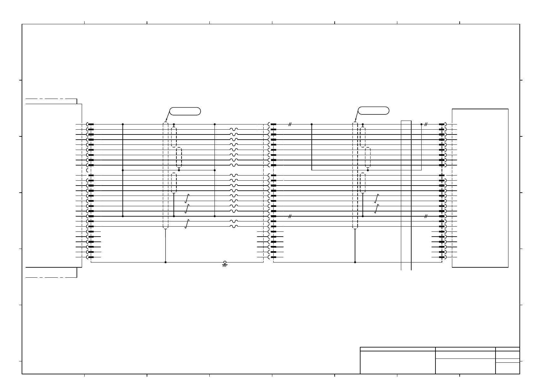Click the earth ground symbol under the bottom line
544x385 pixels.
(225, 264)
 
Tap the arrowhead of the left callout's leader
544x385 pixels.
(166, 121)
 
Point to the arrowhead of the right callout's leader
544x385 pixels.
(355, 121)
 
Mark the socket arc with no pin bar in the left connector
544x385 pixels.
(88, 170)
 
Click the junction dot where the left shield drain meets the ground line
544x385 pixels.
(166, 262)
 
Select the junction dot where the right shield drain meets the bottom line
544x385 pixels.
(355, 262)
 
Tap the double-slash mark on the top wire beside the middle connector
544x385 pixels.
(290, 124)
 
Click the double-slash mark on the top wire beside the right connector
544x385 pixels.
(426, 124)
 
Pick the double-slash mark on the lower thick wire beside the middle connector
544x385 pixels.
(290, 216)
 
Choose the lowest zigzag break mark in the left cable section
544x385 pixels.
(186, 224)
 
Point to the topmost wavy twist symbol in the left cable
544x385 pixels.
(234, 129)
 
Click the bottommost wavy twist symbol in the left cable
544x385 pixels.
(234, 226)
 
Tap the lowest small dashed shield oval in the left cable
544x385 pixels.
(174, 183)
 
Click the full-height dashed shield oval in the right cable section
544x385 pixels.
(355, 176)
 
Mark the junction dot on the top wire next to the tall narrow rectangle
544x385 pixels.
(422, 124)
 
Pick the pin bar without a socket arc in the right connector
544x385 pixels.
(442, 176)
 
